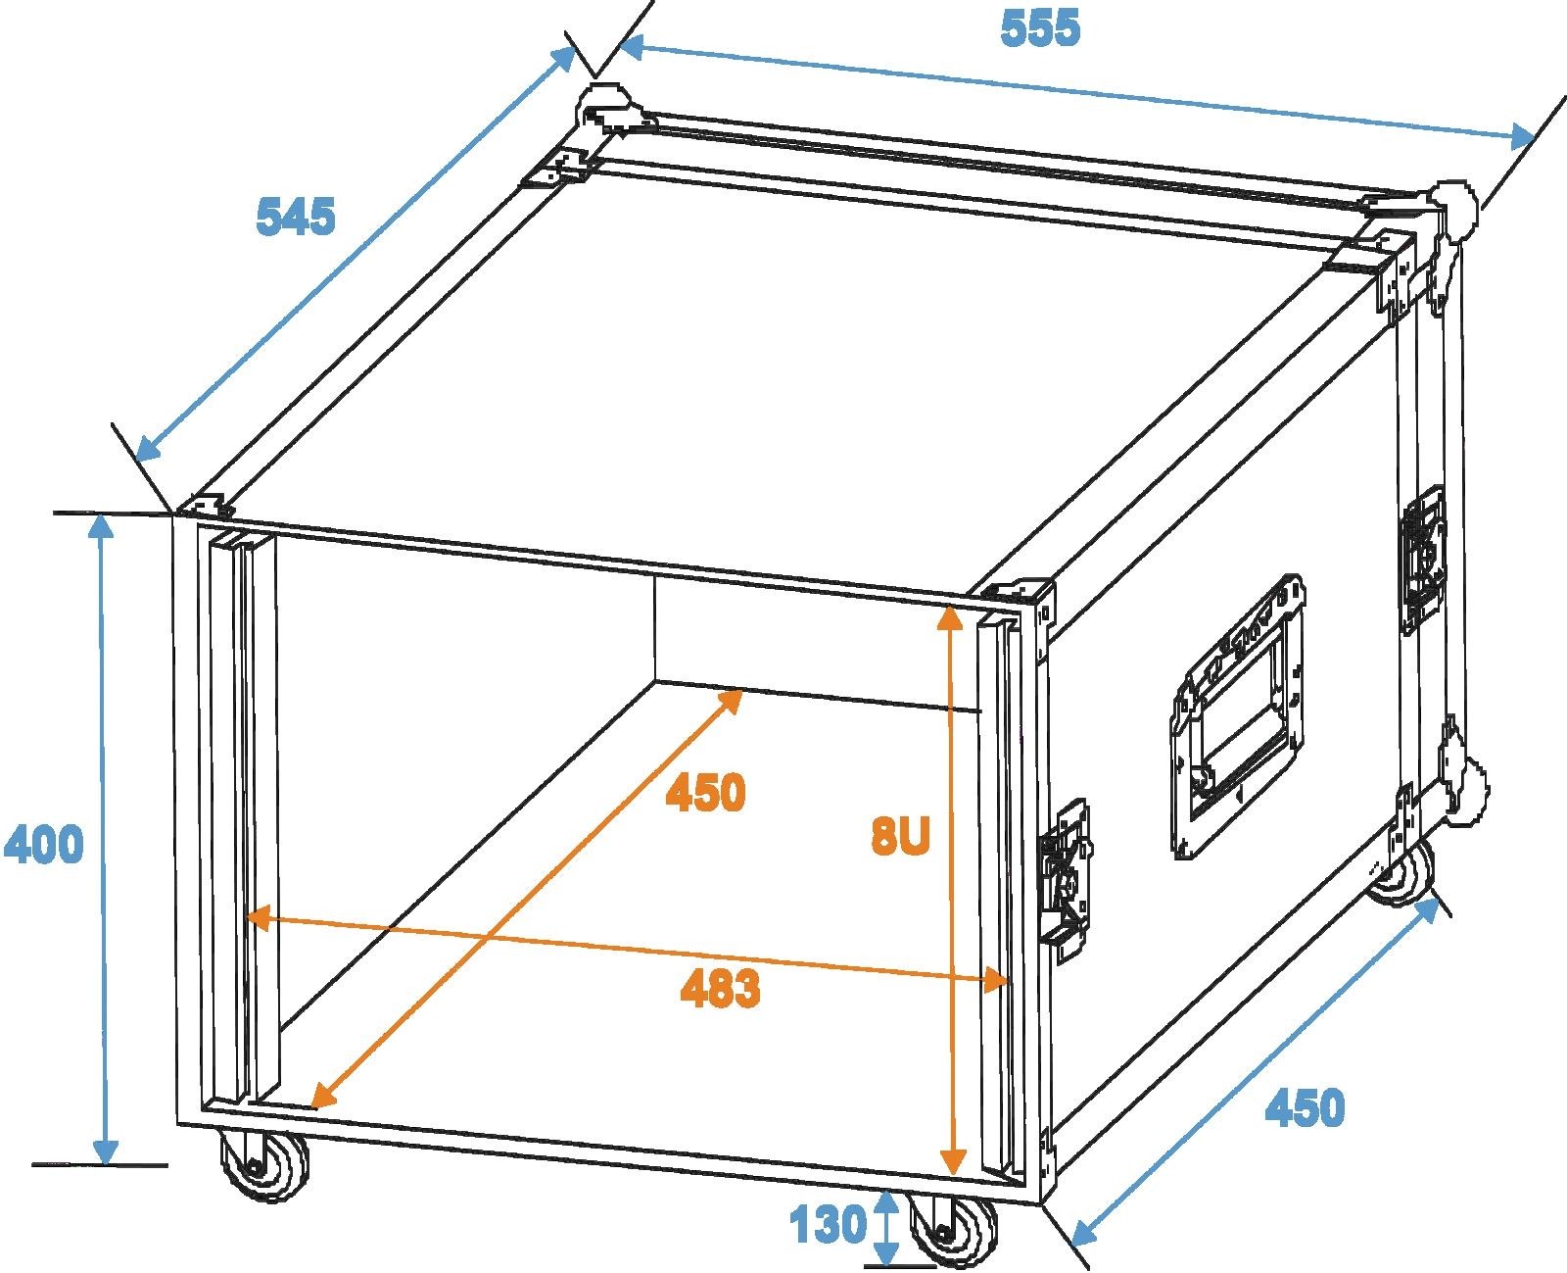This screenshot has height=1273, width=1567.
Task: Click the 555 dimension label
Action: [x=1040, y=28]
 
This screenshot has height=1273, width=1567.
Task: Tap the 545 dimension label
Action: [x=295, y=217]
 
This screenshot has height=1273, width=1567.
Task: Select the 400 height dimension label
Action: [x=43, y=845]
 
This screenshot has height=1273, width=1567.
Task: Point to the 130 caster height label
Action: [x=828, y=1224]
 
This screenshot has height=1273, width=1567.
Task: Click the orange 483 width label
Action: [x=720, y=989]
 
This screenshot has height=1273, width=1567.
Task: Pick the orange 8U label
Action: [x=898, y=838]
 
